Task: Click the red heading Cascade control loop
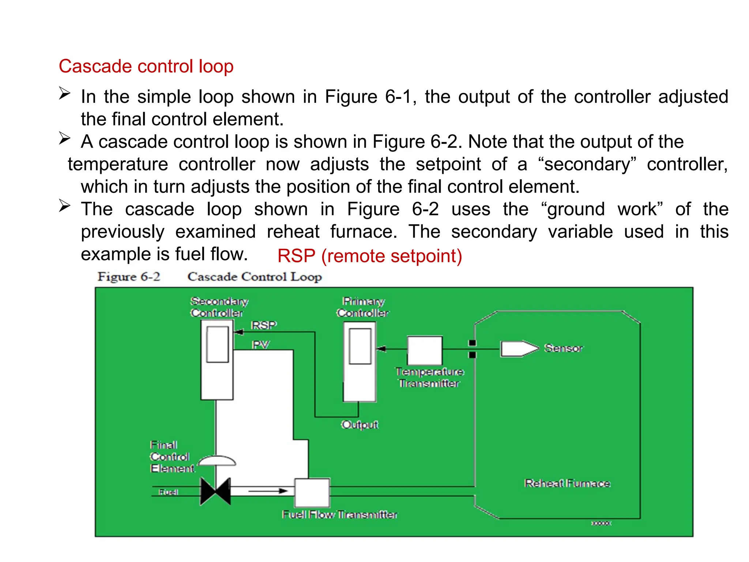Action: point(146,67)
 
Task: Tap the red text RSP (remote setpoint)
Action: point(369,256)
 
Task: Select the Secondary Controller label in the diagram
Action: point(218,307)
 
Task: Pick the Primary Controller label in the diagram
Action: point(362,307)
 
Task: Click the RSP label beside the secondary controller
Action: point(264,325)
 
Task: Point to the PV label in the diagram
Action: point(260,345)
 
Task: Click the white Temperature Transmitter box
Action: point(425,350)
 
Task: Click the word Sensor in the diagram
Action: point(563,348)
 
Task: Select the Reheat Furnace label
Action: point(567,483)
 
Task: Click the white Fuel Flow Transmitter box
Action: point(312,492)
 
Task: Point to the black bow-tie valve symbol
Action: point(216,491)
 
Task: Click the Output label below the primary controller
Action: point(360,425)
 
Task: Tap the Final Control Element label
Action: point(171,457)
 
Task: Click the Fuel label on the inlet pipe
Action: point(168,492)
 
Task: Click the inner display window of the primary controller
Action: point(360,346)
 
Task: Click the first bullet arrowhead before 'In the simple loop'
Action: point(65,94)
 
